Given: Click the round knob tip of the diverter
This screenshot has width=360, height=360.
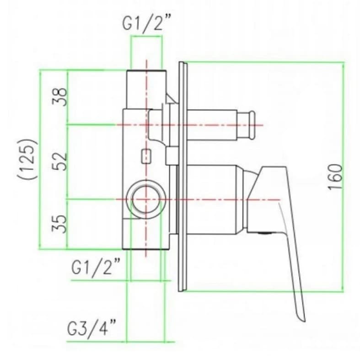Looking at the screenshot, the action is pyautogui.click(x=252, y=125).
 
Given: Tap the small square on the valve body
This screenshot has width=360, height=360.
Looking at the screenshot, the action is pyautogui.click(x=146, y=156).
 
